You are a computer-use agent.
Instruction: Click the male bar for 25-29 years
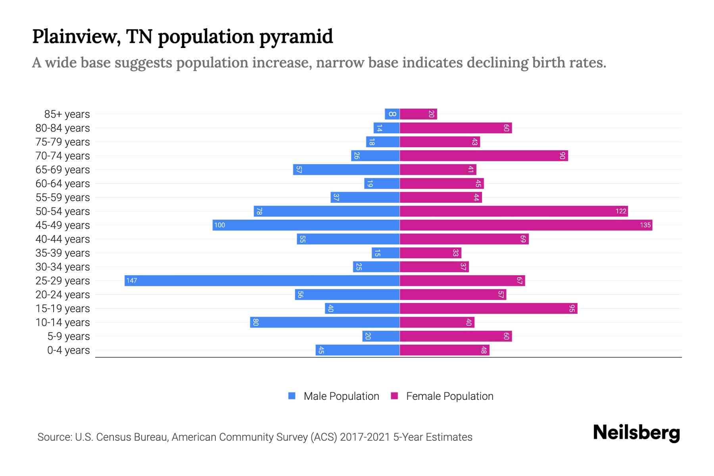point(262,280)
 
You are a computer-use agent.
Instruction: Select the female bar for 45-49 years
point(526,225)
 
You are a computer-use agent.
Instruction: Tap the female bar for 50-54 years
point(514,211)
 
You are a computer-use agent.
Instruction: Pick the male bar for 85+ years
point(392,114)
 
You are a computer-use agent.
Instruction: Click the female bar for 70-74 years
point(484,155)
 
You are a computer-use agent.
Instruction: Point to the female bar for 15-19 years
point(488,308)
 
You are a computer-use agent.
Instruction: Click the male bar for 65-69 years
point(346,169)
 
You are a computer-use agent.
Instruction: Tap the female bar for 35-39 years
point(430,253)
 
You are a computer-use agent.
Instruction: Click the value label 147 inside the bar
point(131,281)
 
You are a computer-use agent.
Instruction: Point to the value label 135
point(645,225)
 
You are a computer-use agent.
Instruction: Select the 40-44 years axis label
point(63,239)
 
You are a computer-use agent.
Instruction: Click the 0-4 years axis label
point(68,350)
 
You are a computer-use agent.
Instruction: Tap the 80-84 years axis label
point(63,128)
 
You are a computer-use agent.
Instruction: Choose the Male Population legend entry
point(341,396)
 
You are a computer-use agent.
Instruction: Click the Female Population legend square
point(394,396)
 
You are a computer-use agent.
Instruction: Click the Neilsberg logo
point(636,433)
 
